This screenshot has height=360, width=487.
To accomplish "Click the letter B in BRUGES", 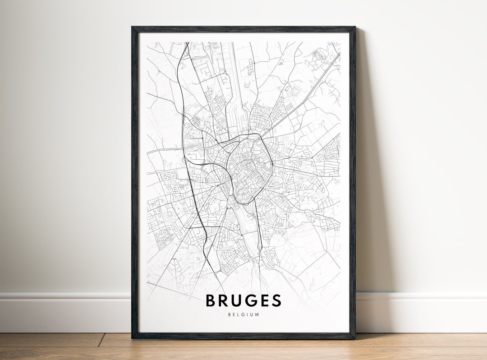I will [x=211, y=300].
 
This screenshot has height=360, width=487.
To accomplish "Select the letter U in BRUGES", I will [x=239, y=300].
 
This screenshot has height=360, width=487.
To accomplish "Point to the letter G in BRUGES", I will [x=254, y=300].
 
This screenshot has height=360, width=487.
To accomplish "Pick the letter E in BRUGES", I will [x=266, y=300].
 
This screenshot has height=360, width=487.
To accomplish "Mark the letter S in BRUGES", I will [x=277, y=300].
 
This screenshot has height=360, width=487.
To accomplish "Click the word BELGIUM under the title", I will [x=244, y=314].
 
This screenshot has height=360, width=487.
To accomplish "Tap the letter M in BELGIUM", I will [x=257, y=314].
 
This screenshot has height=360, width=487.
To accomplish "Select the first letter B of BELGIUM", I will [x=230, y=314].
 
